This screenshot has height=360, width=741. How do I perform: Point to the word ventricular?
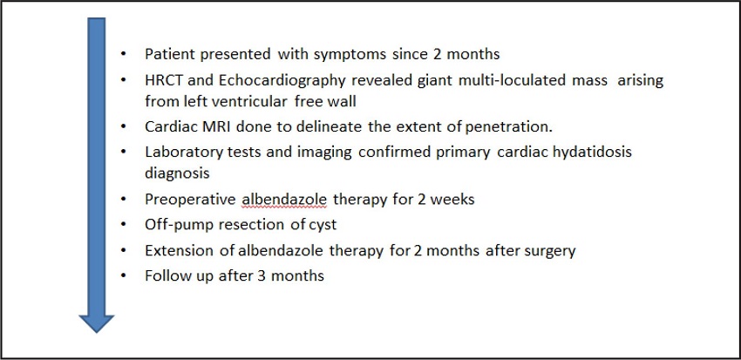tap(246, 101)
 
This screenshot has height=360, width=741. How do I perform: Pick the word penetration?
tap(509, 127)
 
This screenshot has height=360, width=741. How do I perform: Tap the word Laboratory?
tap(183, 153)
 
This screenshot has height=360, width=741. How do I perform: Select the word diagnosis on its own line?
tap(177, 173)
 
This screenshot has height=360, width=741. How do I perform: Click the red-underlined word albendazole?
tap(284, 199)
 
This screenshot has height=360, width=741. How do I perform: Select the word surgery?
tap(550, 251)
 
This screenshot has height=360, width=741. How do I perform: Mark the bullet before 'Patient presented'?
tap(124, 54)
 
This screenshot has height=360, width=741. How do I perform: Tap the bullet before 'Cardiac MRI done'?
tap(124, 126)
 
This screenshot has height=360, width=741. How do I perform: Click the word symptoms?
tap(350, 55)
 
